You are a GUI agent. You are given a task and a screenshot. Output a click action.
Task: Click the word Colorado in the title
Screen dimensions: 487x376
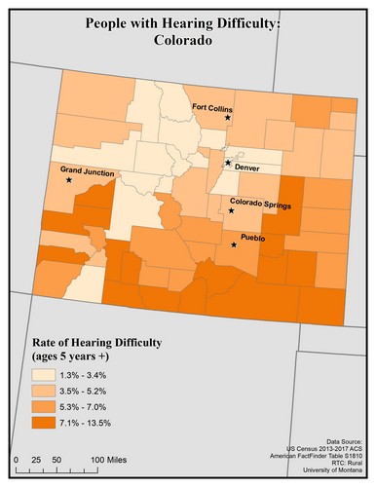click(x=187, y=42)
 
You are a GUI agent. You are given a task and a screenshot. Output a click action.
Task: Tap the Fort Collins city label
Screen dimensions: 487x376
click(x=211, y=108)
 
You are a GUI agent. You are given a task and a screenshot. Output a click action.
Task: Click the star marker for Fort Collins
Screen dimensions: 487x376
click(x=228, y=118)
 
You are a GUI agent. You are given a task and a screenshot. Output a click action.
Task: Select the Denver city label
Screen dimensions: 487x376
click(x=247, y=167)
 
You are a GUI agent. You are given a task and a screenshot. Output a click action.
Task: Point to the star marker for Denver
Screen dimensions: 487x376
click(x=228, y=163)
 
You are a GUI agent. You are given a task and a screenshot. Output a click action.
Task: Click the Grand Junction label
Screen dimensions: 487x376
click(x=87, y=173)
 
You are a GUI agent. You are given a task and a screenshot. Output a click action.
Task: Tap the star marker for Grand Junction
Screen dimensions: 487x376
click(x=68, y=180)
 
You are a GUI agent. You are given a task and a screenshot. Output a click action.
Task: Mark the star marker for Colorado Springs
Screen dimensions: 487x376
click(x=232, y=210)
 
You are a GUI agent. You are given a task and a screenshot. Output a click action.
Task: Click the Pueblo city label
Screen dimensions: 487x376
click(x=252, y=238)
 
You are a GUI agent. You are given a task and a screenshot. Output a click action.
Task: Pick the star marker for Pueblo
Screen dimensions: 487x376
click(x=233, y=245)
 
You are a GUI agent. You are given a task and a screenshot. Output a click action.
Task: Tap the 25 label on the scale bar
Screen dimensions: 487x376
click(x=36, y=458)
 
